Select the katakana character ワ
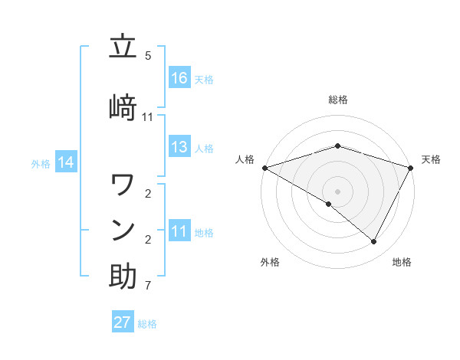click(123, 185)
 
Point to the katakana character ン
click(123, 230)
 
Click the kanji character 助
click(123, 277)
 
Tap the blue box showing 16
click(179, 78)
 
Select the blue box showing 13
click(179, 147)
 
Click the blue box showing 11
click(179, 231)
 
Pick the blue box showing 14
click(66, 162)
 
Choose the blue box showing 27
click(123, 322)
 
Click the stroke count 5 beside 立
click(148, 56)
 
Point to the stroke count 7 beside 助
click(148, 286)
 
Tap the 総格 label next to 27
click(147, 324)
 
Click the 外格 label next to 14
click(41, 163)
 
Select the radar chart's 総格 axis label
click(337, 100)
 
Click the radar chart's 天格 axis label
click(431, 159)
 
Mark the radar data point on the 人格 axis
click(264, 167)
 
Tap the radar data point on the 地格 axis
click(374, 241)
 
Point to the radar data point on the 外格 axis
click(328, 204)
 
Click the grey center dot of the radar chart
click(337, 191)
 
